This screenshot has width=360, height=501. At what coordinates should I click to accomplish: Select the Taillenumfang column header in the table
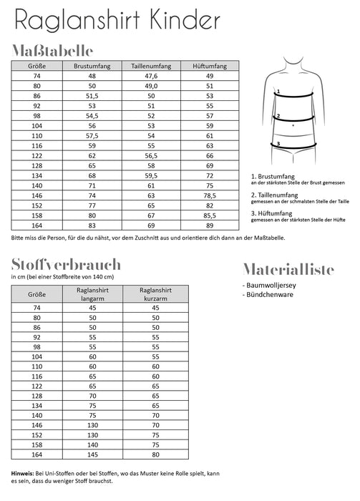point(151,66)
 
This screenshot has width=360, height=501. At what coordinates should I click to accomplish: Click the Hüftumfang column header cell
point(210,66)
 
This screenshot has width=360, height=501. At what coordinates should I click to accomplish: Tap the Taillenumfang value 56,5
point(151,154)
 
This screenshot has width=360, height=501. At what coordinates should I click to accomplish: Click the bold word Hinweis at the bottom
point(24,473)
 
